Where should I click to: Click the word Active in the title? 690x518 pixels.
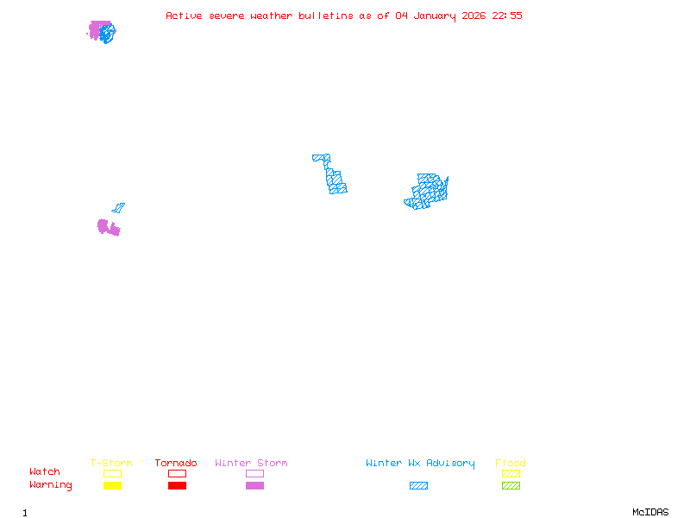(x=185, y=16)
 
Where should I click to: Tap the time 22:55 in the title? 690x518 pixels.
(x=507, y=16)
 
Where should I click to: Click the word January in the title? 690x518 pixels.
(x=431, y=16)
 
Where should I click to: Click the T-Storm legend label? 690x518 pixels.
(x=111, y=464)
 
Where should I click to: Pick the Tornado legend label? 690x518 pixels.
(x=176, y=464)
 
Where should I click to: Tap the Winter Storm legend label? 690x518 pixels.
(x=251, y=464)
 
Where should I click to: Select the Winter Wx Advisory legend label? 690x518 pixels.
(x=420, y=464)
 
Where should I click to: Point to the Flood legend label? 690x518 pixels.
(x=511, y=464)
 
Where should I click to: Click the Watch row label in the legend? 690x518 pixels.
(x=45, y=472)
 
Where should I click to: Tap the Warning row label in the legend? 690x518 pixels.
(x=51, y=485)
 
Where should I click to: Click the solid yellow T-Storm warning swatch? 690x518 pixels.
(x=112, y=486)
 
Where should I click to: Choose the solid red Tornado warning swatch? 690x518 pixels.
(x=177, y=486)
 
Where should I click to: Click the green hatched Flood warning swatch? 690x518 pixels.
(x=511, y=486)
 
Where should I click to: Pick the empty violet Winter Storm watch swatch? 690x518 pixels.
(x=254, y=474)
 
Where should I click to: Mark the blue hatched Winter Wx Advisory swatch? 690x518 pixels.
(x=418, y=486)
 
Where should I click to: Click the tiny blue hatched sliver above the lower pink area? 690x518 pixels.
(x=118, y=208)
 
